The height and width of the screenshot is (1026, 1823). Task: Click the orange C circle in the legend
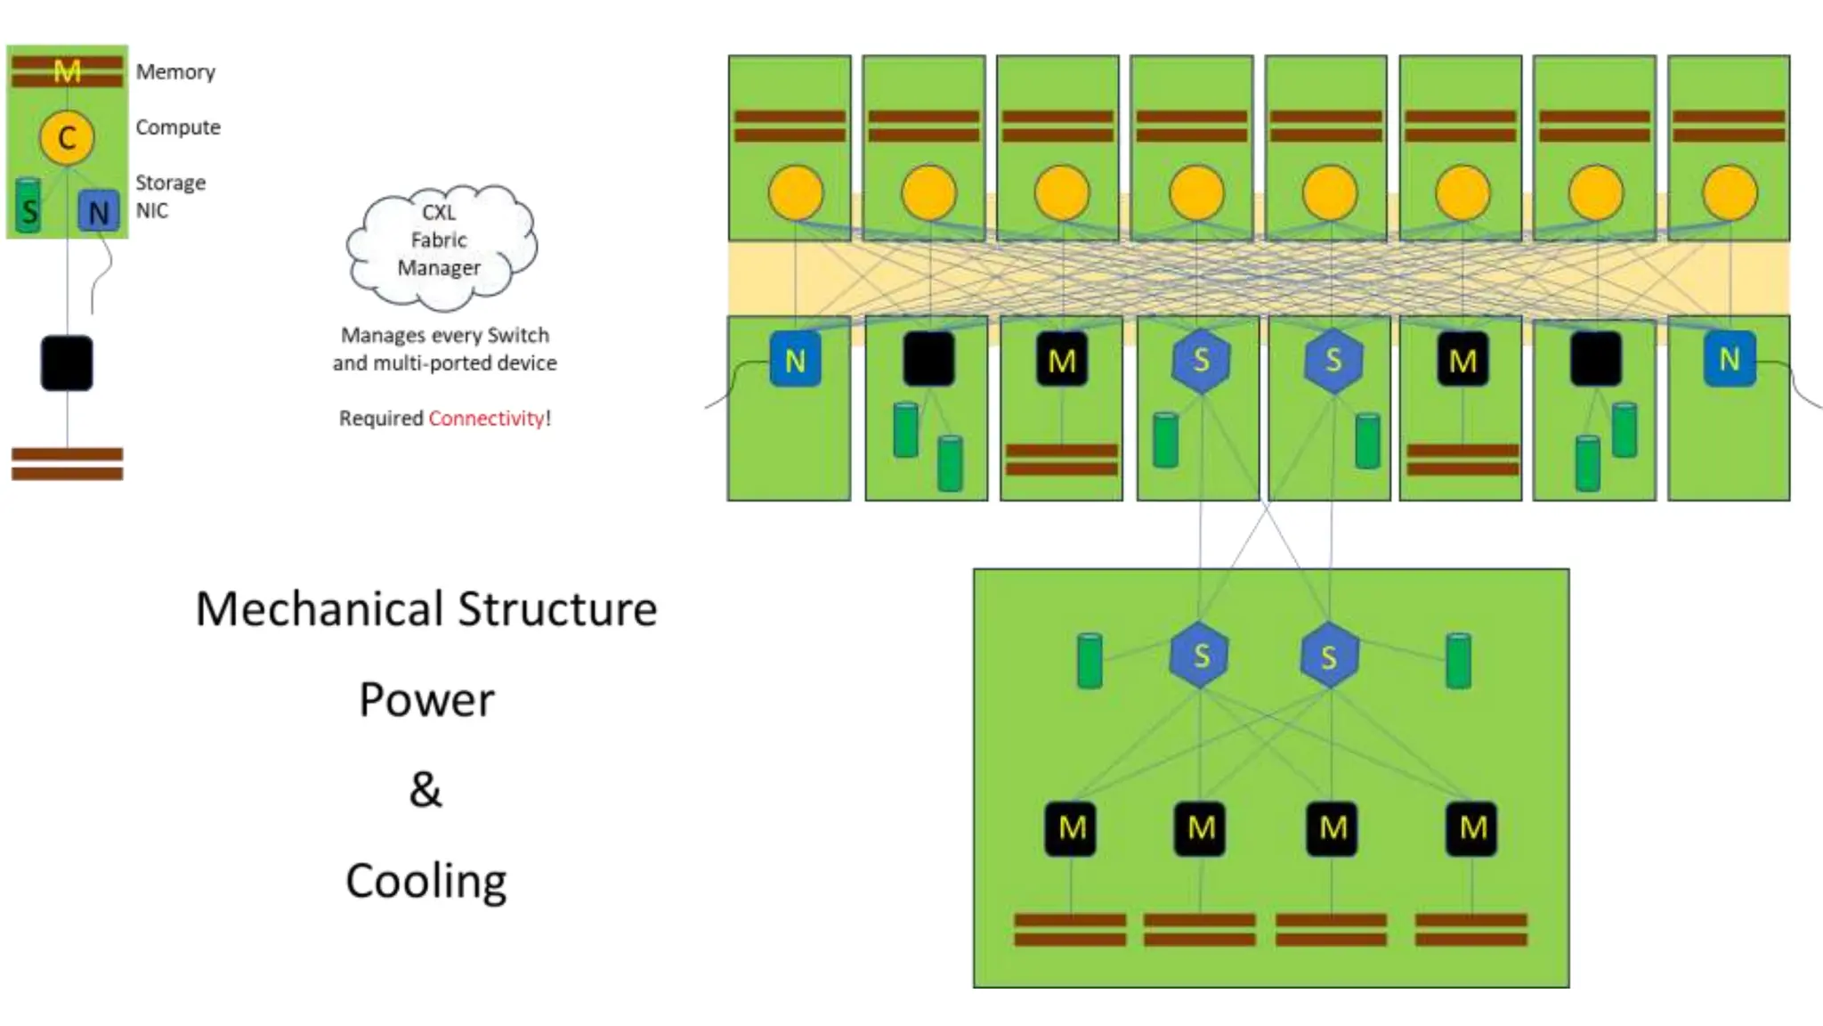pyautogui.click(x=67, y=137)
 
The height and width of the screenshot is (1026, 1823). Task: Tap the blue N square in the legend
pyautogui.click(x=98, y=212)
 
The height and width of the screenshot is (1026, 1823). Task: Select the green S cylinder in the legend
pyautogui.click(x=28, y=207)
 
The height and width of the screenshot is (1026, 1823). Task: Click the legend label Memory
pyautogui.click(x=175, y=72)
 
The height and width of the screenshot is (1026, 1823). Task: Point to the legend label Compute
pyautogui.click(x=178, y=127)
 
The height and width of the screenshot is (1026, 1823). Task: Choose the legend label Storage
pyautogui.click(x=171, y=183)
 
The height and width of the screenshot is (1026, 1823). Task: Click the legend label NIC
pyautogui.click(x=152, y=211)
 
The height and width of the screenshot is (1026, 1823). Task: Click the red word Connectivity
pyautogui.click(x=486, y=419)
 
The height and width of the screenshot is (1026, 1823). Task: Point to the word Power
pyautogui.click(x=426, y=700)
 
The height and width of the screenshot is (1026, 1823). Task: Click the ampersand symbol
pyautogui.click(x=425, y=790)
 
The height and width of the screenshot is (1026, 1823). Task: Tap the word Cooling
pyautogui.click(x=426, y=882)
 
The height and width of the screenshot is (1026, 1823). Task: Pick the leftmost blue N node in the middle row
pyautogui.click(x=795, y=360)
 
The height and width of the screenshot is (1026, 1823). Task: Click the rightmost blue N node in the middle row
pyautogui.click(x=1729, y=359)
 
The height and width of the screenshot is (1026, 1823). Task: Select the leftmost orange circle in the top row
pyautogui.click(x=795, y=192)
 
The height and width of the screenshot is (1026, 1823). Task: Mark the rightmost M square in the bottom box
pyautogui.click(x=1472, y=828)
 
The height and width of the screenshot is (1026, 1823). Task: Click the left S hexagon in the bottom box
pyautogui.click(x=1200, y=655)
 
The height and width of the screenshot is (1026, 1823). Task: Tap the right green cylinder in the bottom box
pyautogui.click(x=1458, y=661)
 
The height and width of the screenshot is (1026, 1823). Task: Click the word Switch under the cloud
pyautogui.click(x=518, y=336)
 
